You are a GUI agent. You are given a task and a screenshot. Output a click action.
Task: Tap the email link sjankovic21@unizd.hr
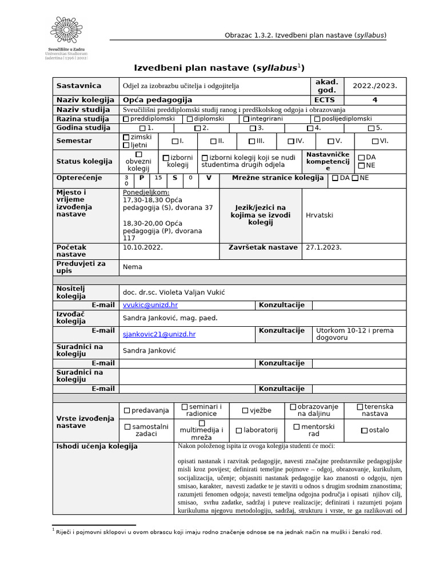coord(159,334)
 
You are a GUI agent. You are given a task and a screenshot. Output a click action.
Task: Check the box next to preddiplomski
coord(126,119)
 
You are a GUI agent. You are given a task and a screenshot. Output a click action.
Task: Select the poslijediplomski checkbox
coord(317,119)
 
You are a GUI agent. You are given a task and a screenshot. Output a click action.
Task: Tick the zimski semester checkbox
coord(126,138)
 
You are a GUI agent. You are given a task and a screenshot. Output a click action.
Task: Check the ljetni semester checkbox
coord(126,146)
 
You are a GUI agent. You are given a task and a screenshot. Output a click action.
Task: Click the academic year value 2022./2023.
coord(374,86)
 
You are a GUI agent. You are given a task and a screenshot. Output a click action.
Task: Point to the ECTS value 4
coord(375,100)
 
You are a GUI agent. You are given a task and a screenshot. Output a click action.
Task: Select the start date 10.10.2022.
coord(143,247)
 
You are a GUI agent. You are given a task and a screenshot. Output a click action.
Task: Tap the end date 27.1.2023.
coord(324,247)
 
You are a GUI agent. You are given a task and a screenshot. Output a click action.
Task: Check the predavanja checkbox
coord(127,410)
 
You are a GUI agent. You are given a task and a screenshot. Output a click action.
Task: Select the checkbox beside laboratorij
coord(239,430)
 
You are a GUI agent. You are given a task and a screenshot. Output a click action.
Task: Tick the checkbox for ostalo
coord(364,430)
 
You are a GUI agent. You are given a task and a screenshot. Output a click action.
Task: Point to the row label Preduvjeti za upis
coord(81,266)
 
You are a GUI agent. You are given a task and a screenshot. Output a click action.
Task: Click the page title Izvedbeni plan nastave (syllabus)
coord(219,68)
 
